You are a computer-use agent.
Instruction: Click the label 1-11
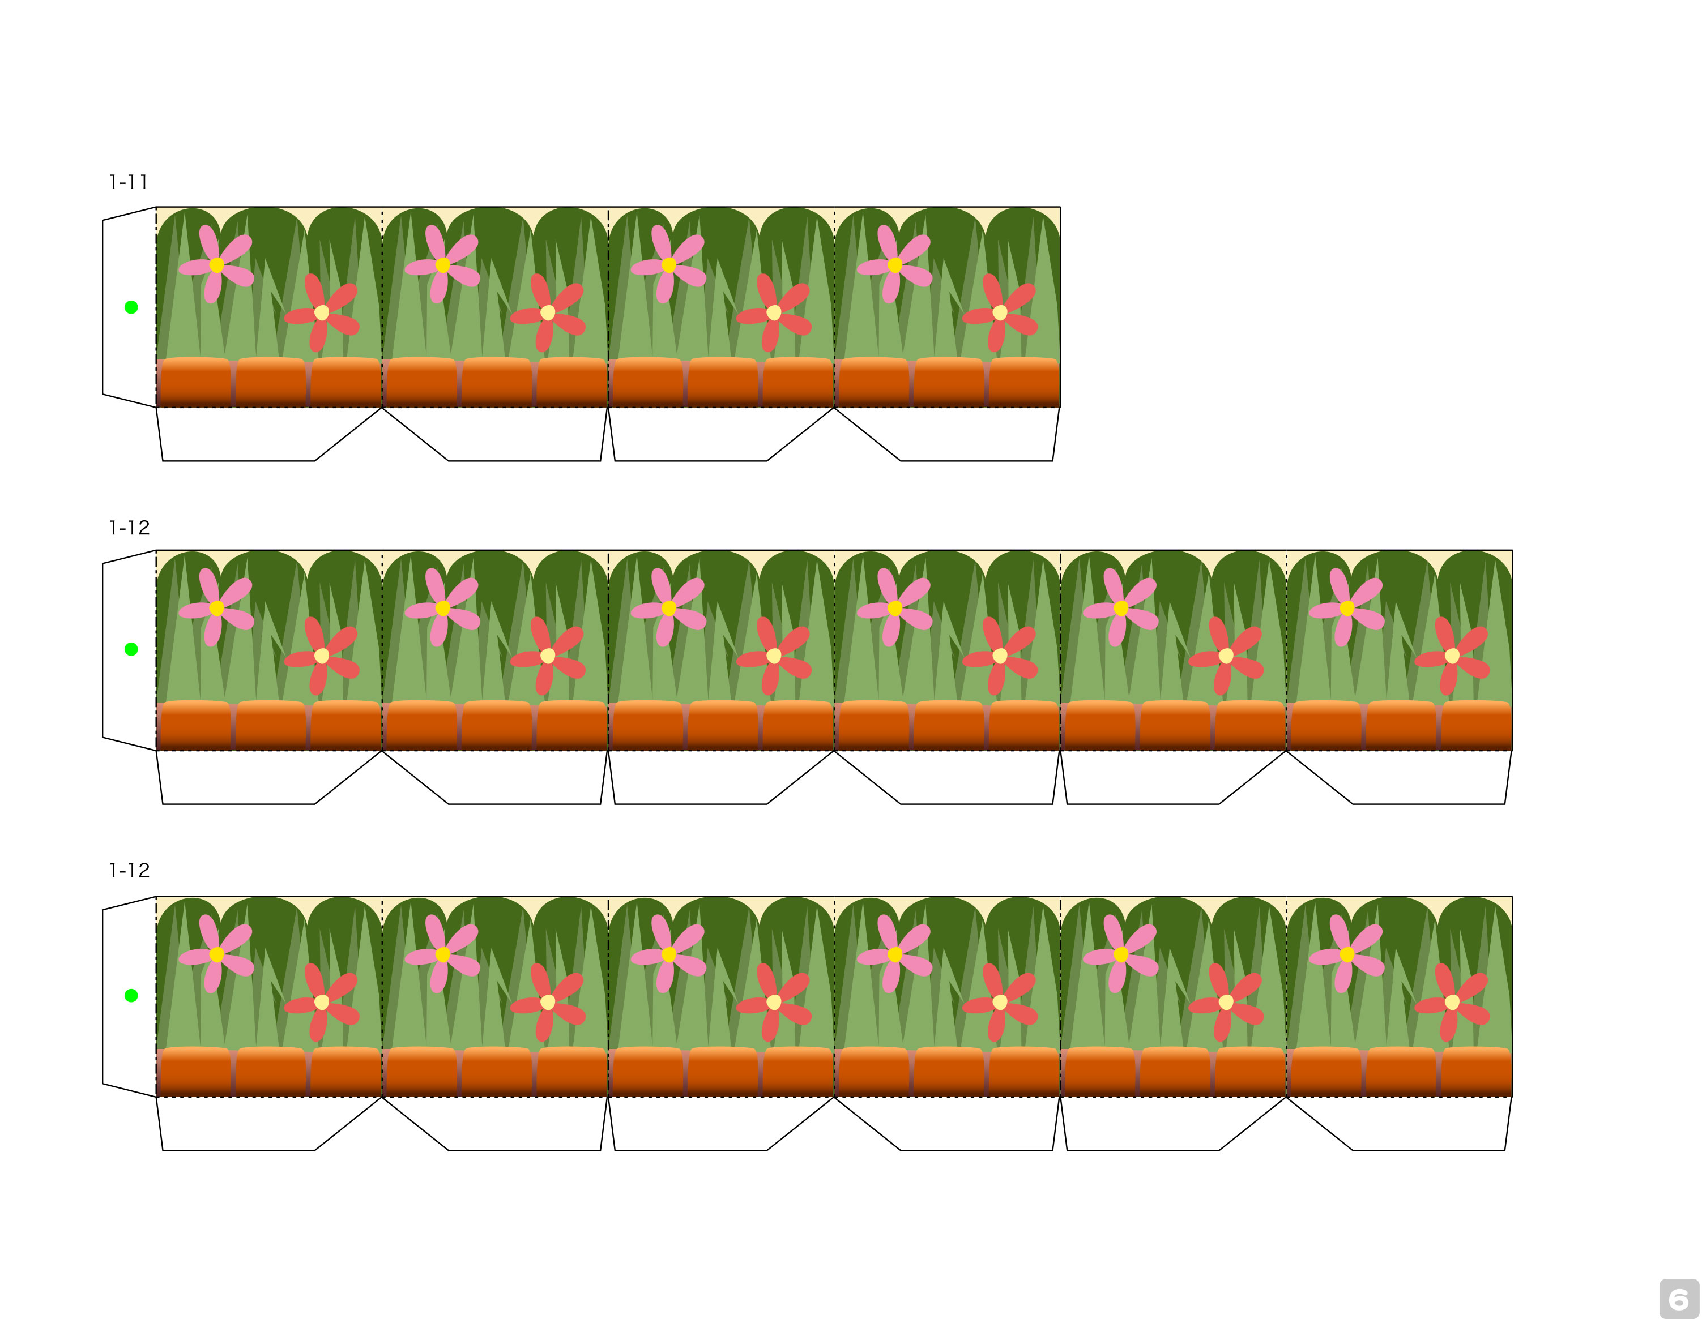coord(129,182)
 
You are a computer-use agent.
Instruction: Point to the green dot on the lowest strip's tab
coord(131,996)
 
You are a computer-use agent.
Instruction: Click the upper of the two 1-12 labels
coord(129,528)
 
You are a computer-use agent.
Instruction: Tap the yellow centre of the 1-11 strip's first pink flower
coord(217,265)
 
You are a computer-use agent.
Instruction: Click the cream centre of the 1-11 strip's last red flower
coord(1000,312)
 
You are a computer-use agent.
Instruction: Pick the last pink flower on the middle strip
coord(1347,607)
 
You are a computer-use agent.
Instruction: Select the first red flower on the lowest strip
coord(321,1002)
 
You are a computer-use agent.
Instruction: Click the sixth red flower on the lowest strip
coord(1452,1002)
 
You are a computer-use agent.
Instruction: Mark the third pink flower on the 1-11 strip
coord(669,265)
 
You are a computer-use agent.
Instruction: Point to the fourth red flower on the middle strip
coord(1000,656)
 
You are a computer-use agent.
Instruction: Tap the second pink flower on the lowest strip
coord(443,954)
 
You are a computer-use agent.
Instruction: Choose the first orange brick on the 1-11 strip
coord(194,381)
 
